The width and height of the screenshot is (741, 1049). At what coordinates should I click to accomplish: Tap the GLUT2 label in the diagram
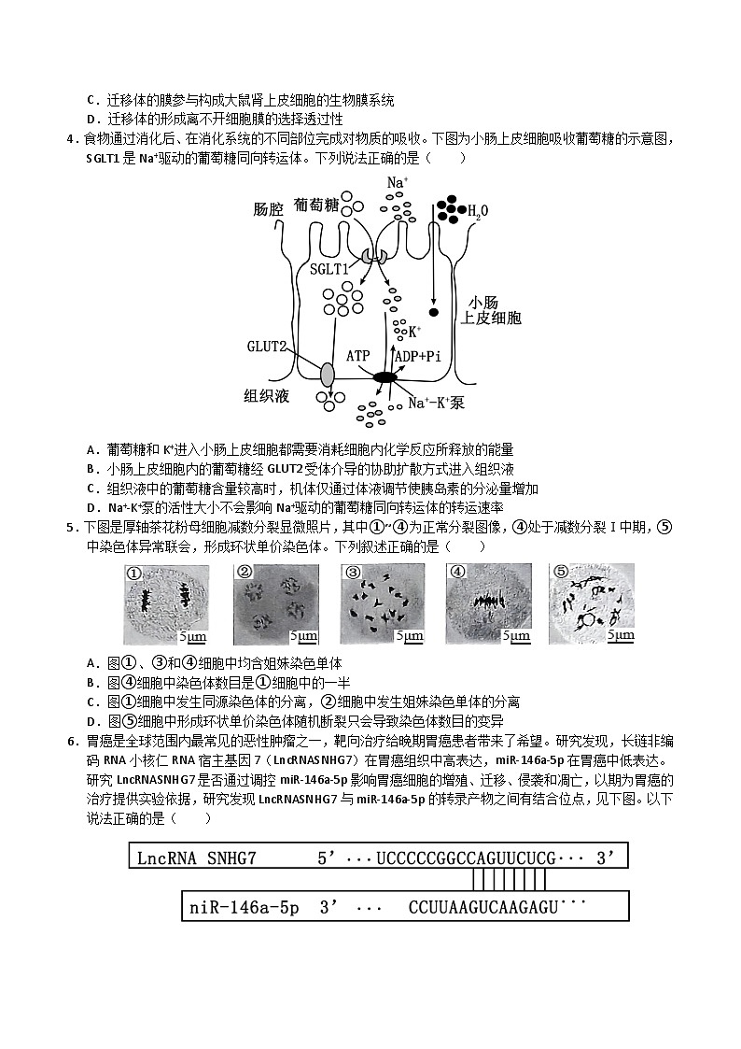pyautogui.click(x=266, y=345)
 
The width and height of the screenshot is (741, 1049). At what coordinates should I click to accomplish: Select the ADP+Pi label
pyautogui.click(x=417, y=356)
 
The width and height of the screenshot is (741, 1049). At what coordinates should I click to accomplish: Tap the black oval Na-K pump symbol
pyautogui.click(x=384, y=377)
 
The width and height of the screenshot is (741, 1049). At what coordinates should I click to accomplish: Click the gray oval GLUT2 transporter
pyautogui.click(x=327, y=374)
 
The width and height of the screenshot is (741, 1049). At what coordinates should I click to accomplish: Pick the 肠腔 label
pyautogui.click(x=267, y=209)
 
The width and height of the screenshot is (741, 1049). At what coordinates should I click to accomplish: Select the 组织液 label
pyautogui.click(x=267, y=396)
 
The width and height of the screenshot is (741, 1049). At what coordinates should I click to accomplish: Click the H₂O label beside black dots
pyautogui.click(x=477, y=212)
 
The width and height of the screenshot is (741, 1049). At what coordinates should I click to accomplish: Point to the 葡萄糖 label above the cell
pyautogui.click(x=315, y=204)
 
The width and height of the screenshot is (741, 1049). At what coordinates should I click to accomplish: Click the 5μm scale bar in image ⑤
pyautogui.click(x=620, y=635)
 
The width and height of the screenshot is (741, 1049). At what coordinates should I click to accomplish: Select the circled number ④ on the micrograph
pyautogui.click(x=457, y=573)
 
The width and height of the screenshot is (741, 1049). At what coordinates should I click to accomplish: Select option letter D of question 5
pyautogui.click(x=91, y=720)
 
